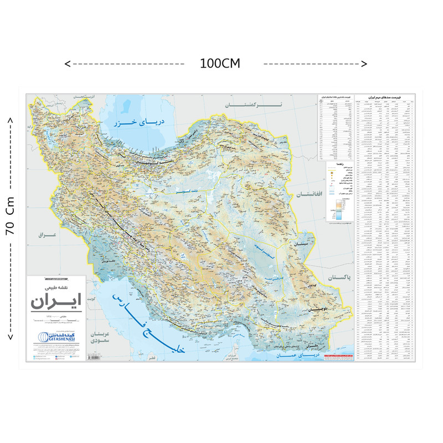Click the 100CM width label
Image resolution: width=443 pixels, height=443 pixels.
[220, 63]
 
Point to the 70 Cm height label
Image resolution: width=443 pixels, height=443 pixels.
[10, 216]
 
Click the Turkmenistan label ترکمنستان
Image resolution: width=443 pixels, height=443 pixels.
[253, 104]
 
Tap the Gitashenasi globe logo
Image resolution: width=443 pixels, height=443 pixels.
[43, 337]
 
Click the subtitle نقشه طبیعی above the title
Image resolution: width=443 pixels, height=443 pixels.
[56, 289]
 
